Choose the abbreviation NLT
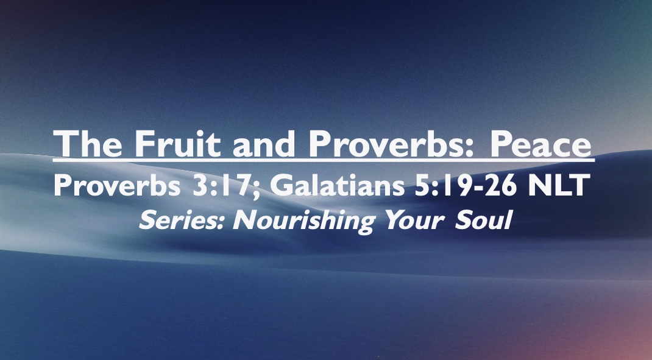point(558,186)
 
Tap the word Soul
point(481,220)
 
